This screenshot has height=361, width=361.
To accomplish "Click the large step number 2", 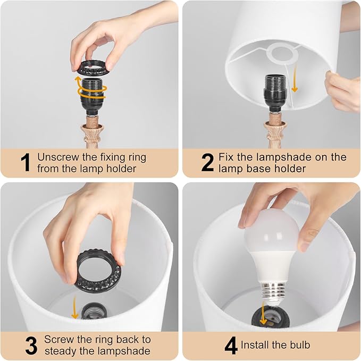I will pyautogui.click(x=207, y=163).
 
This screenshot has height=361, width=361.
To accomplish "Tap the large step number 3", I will pyautogui.click(x=31, y=345).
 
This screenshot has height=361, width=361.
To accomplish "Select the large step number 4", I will pyautogui.click(x=231, y=345).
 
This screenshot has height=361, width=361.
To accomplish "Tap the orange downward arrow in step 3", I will pyautogui.click(x=74, y=308).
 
